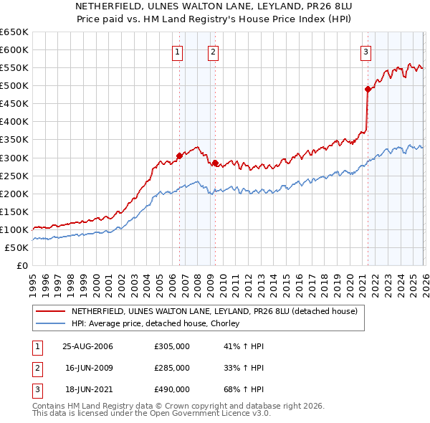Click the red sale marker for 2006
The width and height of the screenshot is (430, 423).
179,156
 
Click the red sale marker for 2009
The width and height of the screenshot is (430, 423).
215,163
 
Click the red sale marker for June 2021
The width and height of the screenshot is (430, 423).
368,90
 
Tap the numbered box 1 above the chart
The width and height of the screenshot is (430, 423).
177,51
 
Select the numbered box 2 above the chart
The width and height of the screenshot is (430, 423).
214,51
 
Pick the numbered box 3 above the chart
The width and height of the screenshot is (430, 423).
365,51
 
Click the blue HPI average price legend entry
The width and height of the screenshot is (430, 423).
158,324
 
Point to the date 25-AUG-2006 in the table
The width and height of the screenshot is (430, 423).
87,346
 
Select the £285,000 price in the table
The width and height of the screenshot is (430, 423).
172,368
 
